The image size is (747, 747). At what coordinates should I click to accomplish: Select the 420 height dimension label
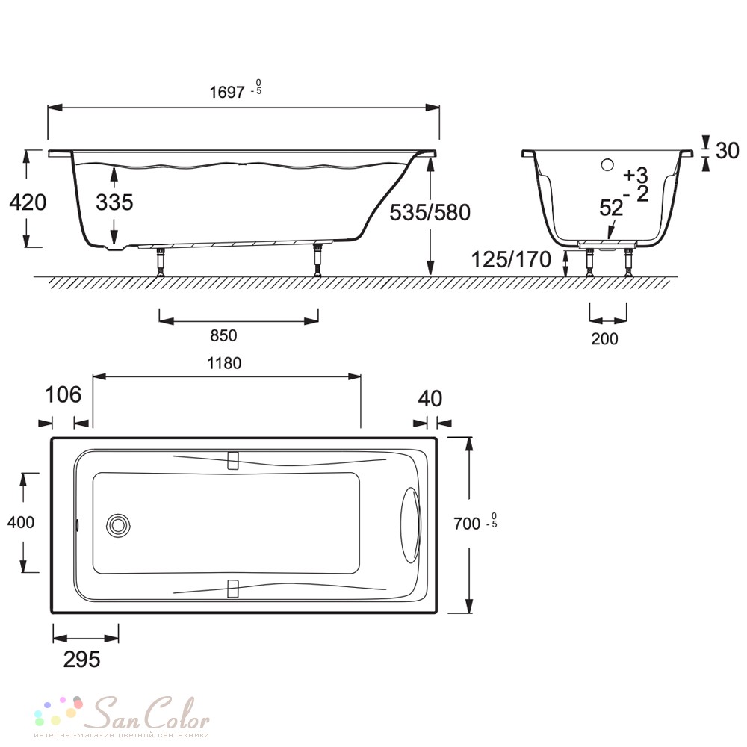(x=28, y=202)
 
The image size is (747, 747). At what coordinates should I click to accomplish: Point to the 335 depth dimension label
(x=114, y=202)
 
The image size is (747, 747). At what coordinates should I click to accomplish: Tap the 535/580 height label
(x=430, y=212)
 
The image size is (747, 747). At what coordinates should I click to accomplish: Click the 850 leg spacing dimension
(x=223, y=335)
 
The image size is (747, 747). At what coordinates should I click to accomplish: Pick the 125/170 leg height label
(x=511, y=260)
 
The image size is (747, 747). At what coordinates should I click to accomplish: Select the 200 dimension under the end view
(x=604, y=338)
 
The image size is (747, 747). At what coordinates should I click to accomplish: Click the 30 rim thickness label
(x=728, y=151)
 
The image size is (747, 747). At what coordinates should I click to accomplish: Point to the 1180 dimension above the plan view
(x=224, y=364)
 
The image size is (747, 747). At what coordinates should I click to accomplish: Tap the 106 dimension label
(x=63, y=394)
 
